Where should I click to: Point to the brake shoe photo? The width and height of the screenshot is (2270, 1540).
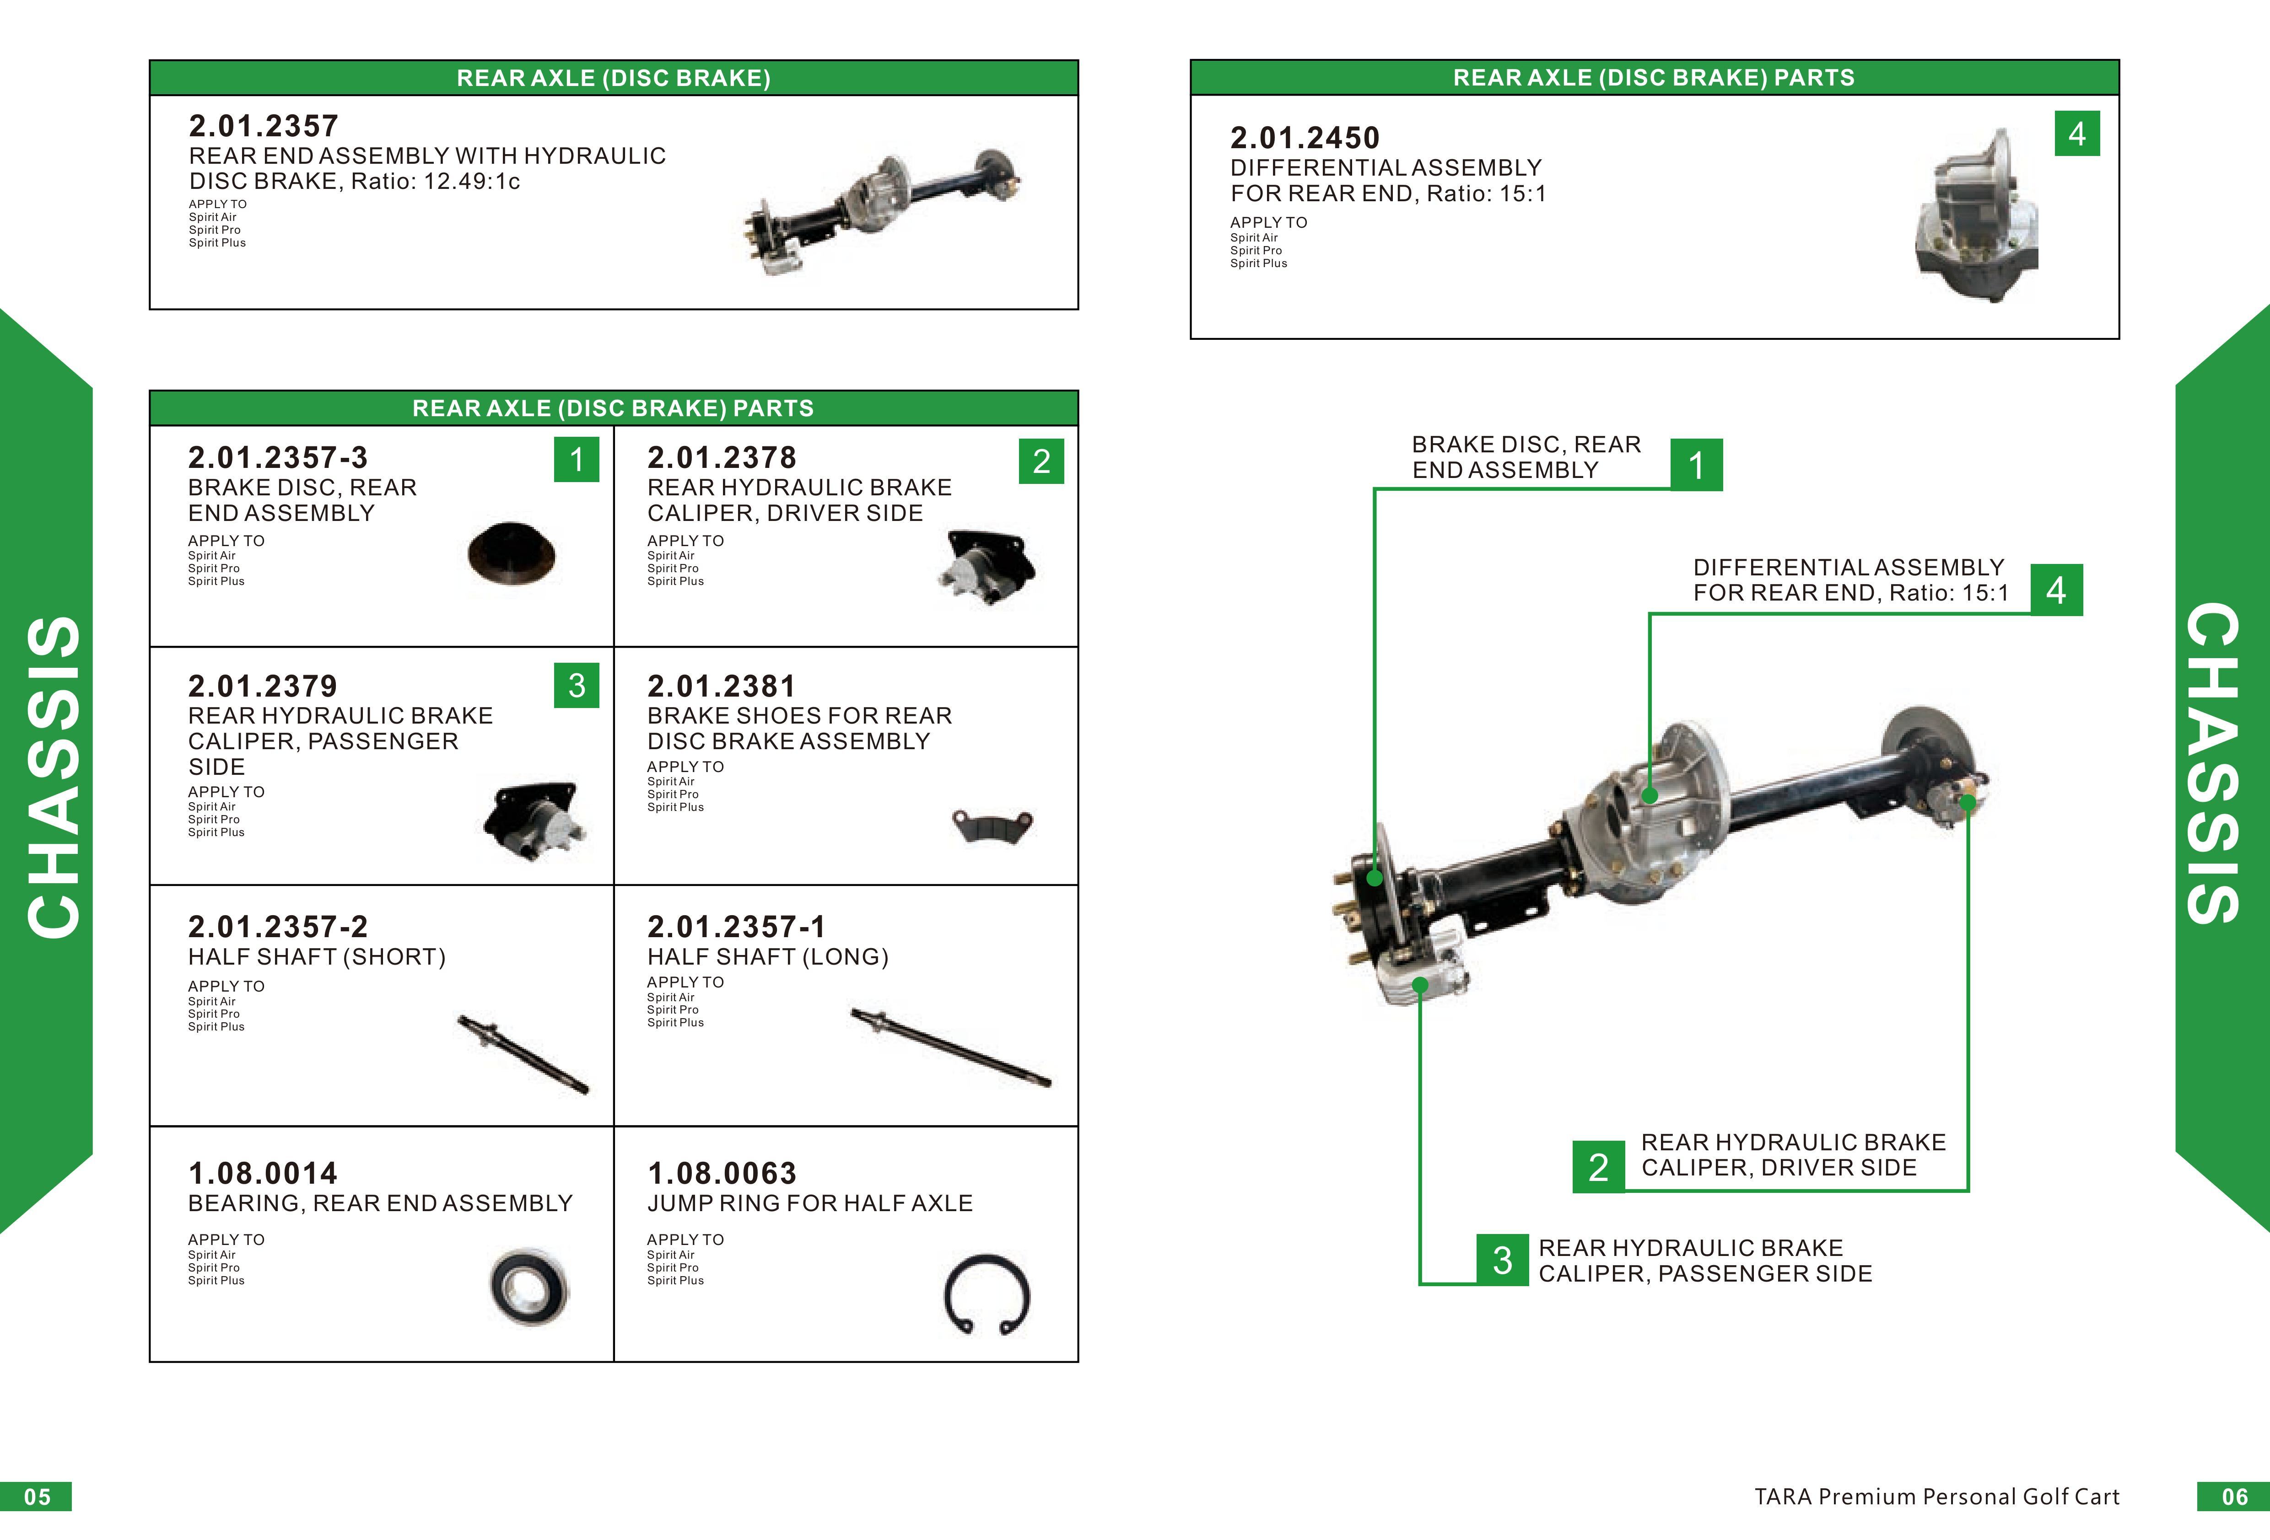click(x=992, y=825)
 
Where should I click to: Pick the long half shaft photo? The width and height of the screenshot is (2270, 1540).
click(x=950, y=1048)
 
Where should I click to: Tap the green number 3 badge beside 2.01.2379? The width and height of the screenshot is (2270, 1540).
click(x=576, y=686)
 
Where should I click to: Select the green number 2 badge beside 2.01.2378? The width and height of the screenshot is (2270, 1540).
click(x=1041, y=461)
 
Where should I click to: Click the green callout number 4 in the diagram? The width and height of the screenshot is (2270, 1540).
click(x=2056, y=590)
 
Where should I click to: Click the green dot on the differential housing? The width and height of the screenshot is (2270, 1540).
click(x=1650, y=795)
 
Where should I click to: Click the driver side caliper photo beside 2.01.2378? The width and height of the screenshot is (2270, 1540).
click(x=985, y=569)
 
